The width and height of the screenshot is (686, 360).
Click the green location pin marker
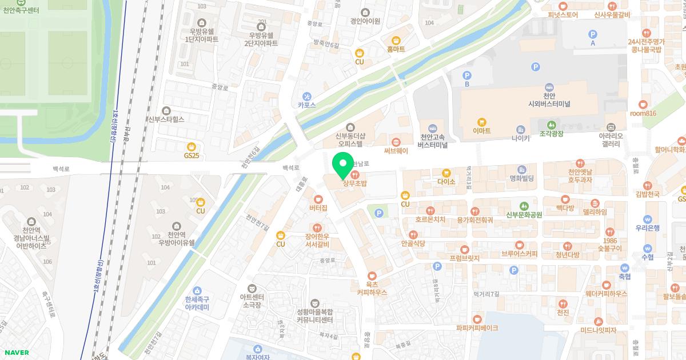(342, 166)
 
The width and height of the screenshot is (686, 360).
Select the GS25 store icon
(191, 146)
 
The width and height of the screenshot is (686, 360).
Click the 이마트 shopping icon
(482, 122)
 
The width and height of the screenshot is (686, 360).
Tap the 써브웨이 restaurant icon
(396, 142)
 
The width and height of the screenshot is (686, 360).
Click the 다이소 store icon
(446, 173)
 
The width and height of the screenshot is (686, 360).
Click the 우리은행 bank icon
(647, 219)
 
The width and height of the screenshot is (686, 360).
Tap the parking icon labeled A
(592, 34)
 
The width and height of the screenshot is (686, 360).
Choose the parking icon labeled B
(466, 75)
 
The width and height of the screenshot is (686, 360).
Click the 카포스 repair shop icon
(307, 96)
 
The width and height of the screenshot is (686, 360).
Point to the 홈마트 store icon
(396, 40)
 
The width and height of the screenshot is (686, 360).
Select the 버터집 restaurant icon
(318, 199)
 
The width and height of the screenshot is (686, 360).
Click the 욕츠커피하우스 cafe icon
(372, 275)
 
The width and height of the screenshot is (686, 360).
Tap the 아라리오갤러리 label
(611, 140)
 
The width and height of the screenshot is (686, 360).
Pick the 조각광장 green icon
(551, 125)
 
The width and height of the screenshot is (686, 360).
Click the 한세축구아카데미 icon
(197, 291)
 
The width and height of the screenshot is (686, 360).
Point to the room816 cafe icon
(643, 104)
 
